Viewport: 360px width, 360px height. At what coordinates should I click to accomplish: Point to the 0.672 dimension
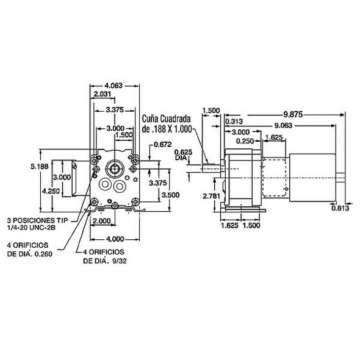click(x=162, y=145)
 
